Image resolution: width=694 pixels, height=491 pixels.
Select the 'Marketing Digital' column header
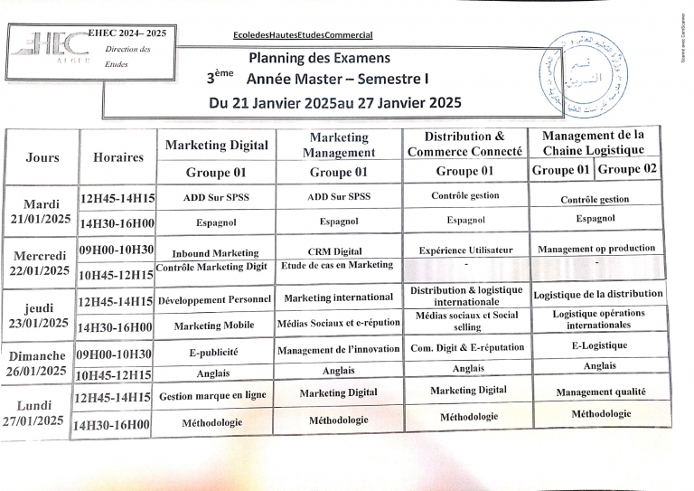tap(216, 146)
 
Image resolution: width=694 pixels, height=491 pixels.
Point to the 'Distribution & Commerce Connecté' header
tap(464, 144)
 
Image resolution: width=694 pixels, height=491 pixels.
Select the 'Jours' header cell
tap(42, 157)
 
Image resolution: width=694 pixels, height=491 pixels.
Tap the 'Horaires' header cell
tap(118, 157)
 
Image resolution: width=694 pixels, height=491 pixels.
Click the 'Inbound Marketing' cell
tap(215, 253)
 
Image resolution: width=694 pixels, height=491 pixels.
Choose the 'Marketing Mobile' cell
tap(215, 326)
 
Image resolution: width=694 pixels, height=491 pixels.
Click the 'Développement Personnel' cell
tap(215, 299)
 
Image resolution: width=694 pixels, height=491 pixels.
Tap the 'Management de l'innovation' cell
tap(338, 350)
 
